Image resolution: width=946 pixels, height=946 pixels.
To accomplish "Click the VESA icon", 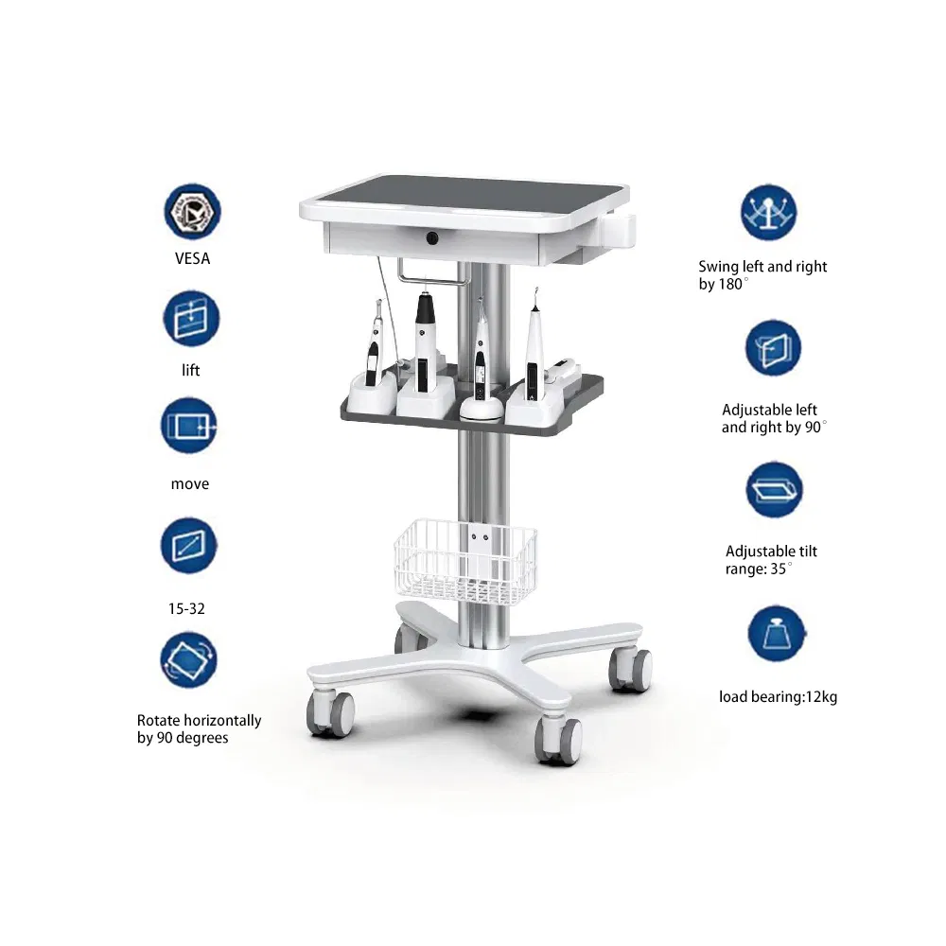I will point(192,212).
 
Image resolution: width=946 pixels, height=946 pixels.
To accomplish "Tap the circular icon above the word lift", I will point(192,319).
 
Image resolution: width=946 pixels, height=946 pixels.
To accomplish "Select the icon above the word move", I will point(189,427).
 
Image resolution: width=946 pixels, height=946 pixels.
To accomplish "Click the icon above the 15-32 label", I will point(189,545).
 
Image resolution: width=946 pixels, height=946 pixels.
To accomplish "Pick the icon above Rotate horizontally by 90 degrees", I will point(189,659).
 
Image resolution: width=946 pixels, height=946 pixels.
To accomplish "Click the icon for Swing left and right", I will point(768,213).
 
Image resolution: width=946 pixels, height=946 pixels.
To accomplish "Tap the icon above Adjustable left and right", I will point(773,348).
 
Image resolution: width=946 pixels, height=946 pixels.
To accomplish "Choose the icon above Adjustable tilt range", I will point(774,491).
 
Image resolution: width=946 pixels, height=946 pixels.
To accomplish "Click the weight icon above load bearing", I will point(777,634).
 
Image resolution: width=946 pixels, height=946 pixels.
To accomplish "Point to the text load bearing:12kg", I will point(778,697).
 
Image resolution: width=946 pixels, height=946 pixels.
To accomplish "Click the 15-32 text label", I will point(186,608).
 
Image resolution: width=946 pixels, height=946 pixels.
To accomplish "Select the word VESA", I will point(192,258).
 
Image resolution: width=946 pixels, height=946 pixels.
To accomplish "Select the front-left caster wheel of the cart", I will point(330,714).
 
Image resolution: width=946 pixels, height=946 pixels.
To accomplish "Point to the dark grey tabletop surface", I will point(468,193).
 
